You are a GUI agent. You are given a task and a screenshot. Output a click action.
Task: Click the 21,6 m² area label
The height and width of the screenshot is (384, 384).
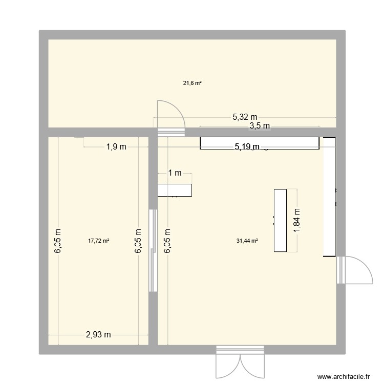coord(192,82)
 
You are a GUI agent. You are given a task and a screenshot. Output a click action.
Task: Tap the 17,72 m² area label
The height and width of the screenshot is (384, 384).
coord(98,240)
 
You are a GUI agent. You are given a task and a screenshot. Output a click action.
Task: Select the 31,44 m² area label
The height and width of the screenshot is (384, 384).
coord(247,240)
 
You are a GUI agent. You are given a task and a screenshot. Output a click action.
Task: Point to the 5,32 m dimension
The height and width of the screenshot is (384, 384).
coord(245,117)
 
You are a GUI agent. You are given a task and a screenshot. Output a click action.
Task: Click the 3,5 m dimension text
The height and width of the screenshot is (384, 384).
coord(259,125)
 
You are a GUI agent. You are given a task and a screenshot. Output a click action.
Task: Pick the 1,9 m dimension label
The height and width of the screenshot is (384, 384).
coord(116,147)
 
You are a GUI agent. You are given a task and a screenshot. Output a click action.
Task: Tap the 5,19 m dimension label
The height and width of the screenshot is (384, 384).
coord(248,147)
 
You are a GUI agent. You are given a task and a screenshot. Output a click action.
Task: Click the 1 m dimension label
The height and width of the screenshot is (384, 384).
coord(176,173)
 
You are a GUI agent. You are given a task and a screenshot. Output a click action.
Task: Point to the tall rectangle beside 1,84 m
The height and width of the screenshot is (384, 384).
coord(280,221)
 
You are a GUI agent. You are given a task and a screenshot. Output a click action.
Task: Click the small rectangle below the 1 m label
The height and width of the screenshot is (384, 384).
coord(175,190)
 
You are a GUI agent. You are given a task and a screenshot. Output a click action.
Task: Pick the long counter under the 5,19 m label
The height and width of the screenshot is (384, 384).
coord(259,143)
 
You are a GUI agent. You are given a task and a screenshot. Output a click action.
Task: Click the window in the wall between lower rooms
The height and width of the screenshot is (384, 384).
coord(153,250)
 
